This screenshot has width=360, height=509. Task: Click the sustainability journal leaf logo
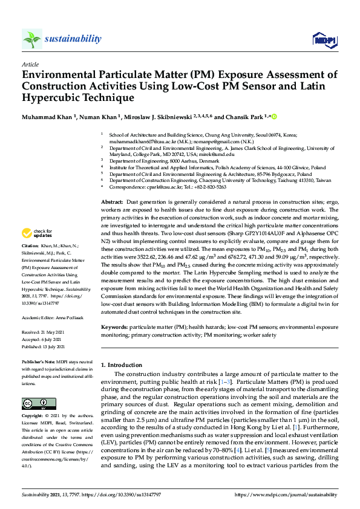[31, 39]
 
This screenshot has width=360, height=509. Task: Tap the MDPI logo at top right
[324, 40]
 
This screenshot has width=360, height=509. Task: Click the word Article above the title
[30, 63]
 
